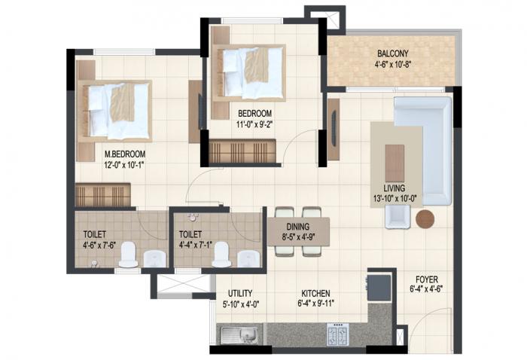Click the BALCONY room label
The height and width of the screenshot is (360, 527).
(392, 53)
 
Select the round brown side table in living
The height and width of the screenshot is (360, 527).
(425, 219)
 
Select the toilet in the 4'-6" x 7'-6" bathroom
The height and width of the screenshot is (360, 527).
(127, 255)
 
